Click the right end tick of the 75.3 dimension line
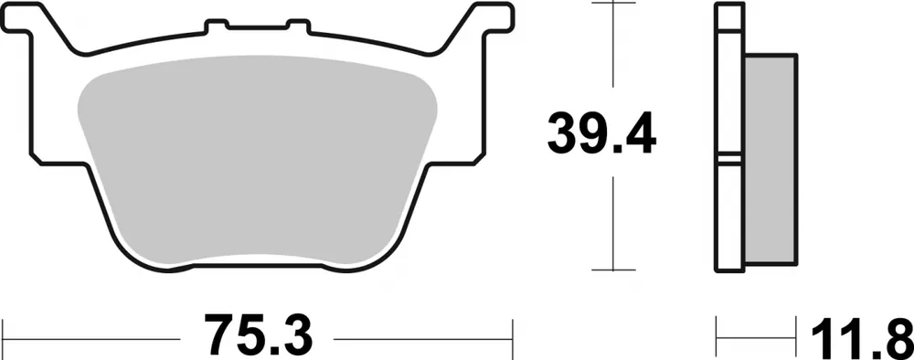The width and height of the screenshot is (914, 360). click(514, 334)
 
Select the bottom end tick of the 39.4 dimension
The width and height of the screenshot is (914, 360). click(611, 270)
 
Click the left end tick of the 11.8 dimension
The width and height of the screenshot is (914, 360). click(717, 334)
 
